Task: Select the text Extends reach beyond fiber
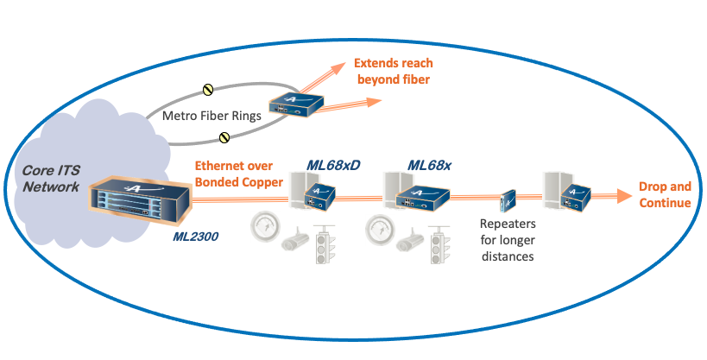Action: (393, 72)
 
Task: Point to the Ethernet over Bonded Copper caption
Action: (233, 173)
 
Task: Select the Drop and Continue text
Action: (665, 195)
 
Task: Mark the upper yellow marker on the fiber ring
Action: (207, 89)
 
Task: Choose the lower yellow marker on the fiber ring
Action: (224, 136)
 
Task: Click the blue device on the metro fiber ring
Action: (295, 106)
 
